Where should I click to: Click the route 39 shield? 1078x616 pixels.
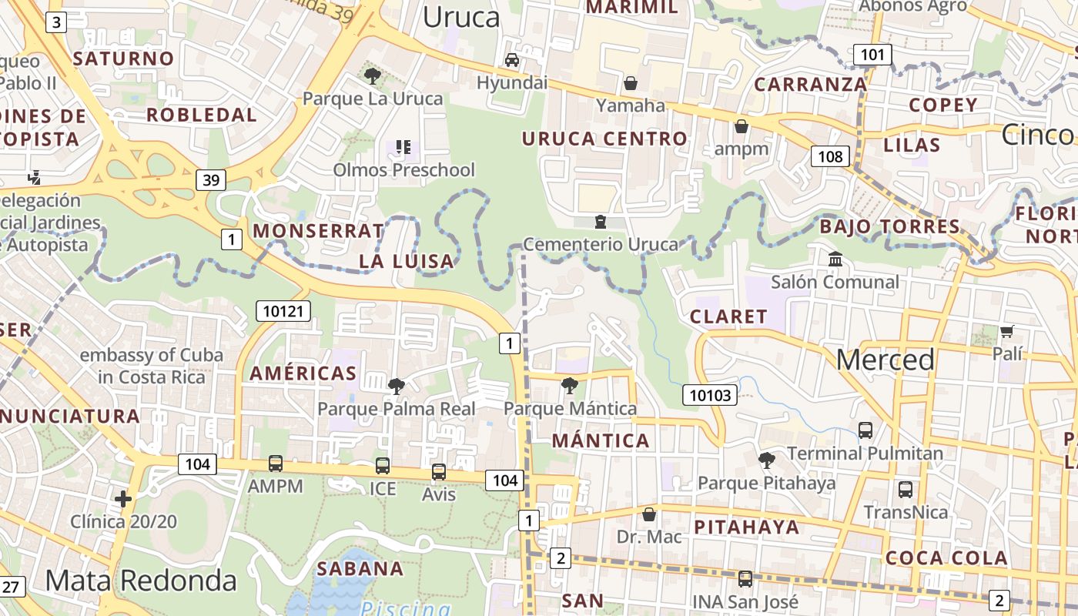pos(210,180)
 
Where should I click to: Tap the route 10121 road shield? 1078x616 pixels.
pos(283,311)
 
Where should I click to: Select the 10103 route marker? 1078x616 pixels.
pos(709,396)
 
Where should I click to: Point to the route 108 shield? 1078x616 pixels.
pos(830,157)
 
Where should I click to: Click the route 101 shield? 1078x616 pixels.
pos(872,55)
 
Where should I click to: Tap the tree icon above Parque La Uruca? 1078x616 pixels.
pos(373,75)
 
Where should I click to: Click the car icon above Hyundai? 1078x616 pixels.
pos(512,60)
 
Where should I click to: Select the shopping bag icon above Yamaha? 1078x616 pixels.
pos(631,82)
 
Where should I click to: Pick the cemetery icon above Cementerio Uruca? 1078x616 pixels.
pos(601,222)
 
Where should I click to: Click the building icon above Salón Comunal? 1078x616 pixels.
pos(835,259)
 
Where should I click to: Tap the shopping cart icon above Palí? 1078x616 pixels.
pos(1006,332)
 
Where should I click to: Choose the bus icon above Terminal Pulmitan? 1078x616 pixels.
pos(865,430)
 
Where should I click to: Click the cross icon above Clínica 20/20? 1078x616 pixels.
pos(123,499)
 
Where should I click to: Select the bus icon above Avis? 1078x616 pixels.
pos(439,471)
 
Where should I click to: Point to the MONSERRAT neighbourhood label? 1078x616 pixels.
pos(318,231)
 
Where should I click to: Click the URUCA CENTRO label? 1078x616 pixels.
pos(604,139)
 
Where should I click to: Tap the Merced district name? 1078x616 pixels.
pos(885,360)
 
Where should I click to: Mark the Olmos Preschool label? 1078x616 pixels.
pos(404,169)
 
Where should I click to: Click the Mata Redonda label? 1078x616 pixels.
pos(140,580)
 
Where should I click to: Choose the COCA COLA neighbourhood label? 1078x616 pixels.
pos(946,558)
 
